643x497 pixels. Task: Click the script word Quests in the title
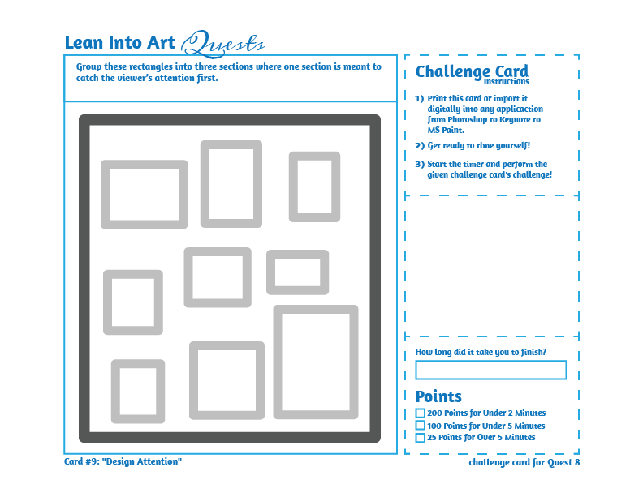[x=223, y=42]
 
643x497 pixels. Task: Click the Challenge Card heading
[x=472, y=71]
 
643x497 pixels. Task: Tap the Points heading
[x=438, y=396]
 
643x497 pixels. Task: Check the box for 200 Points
[x=420, y=413]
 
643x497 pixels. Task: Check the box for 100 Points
[x=420, y=426]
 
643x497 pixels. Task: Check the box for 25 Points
[x=420, y=438]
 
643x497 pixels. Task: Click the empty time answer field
[x=490, y=371]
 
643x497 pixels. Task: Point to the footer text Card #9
[x=123, y=461]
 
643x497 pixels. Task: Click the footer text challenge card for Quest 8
[x=524, y=462]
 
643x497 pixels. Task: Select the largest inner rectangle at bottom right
[x=316, y=362]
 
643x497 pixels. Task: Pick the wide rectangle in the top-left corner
[x=145, y=195]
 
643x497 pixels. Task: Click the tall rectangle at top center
[x=231, y=184]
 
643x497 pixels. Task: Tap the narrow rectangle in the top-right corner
[x=314, y=186]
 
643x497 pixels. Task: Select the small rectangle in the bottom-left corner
[x=138, y=392]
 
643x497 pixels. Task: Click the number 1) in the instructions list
[x=419, y=98]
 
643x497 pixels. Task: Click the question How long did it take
[x=480, y=353]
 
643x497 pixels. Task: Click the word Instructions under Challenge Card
[x=506, y=82]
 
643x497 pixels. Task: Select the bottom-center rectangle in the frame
[x=227, y=381]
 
